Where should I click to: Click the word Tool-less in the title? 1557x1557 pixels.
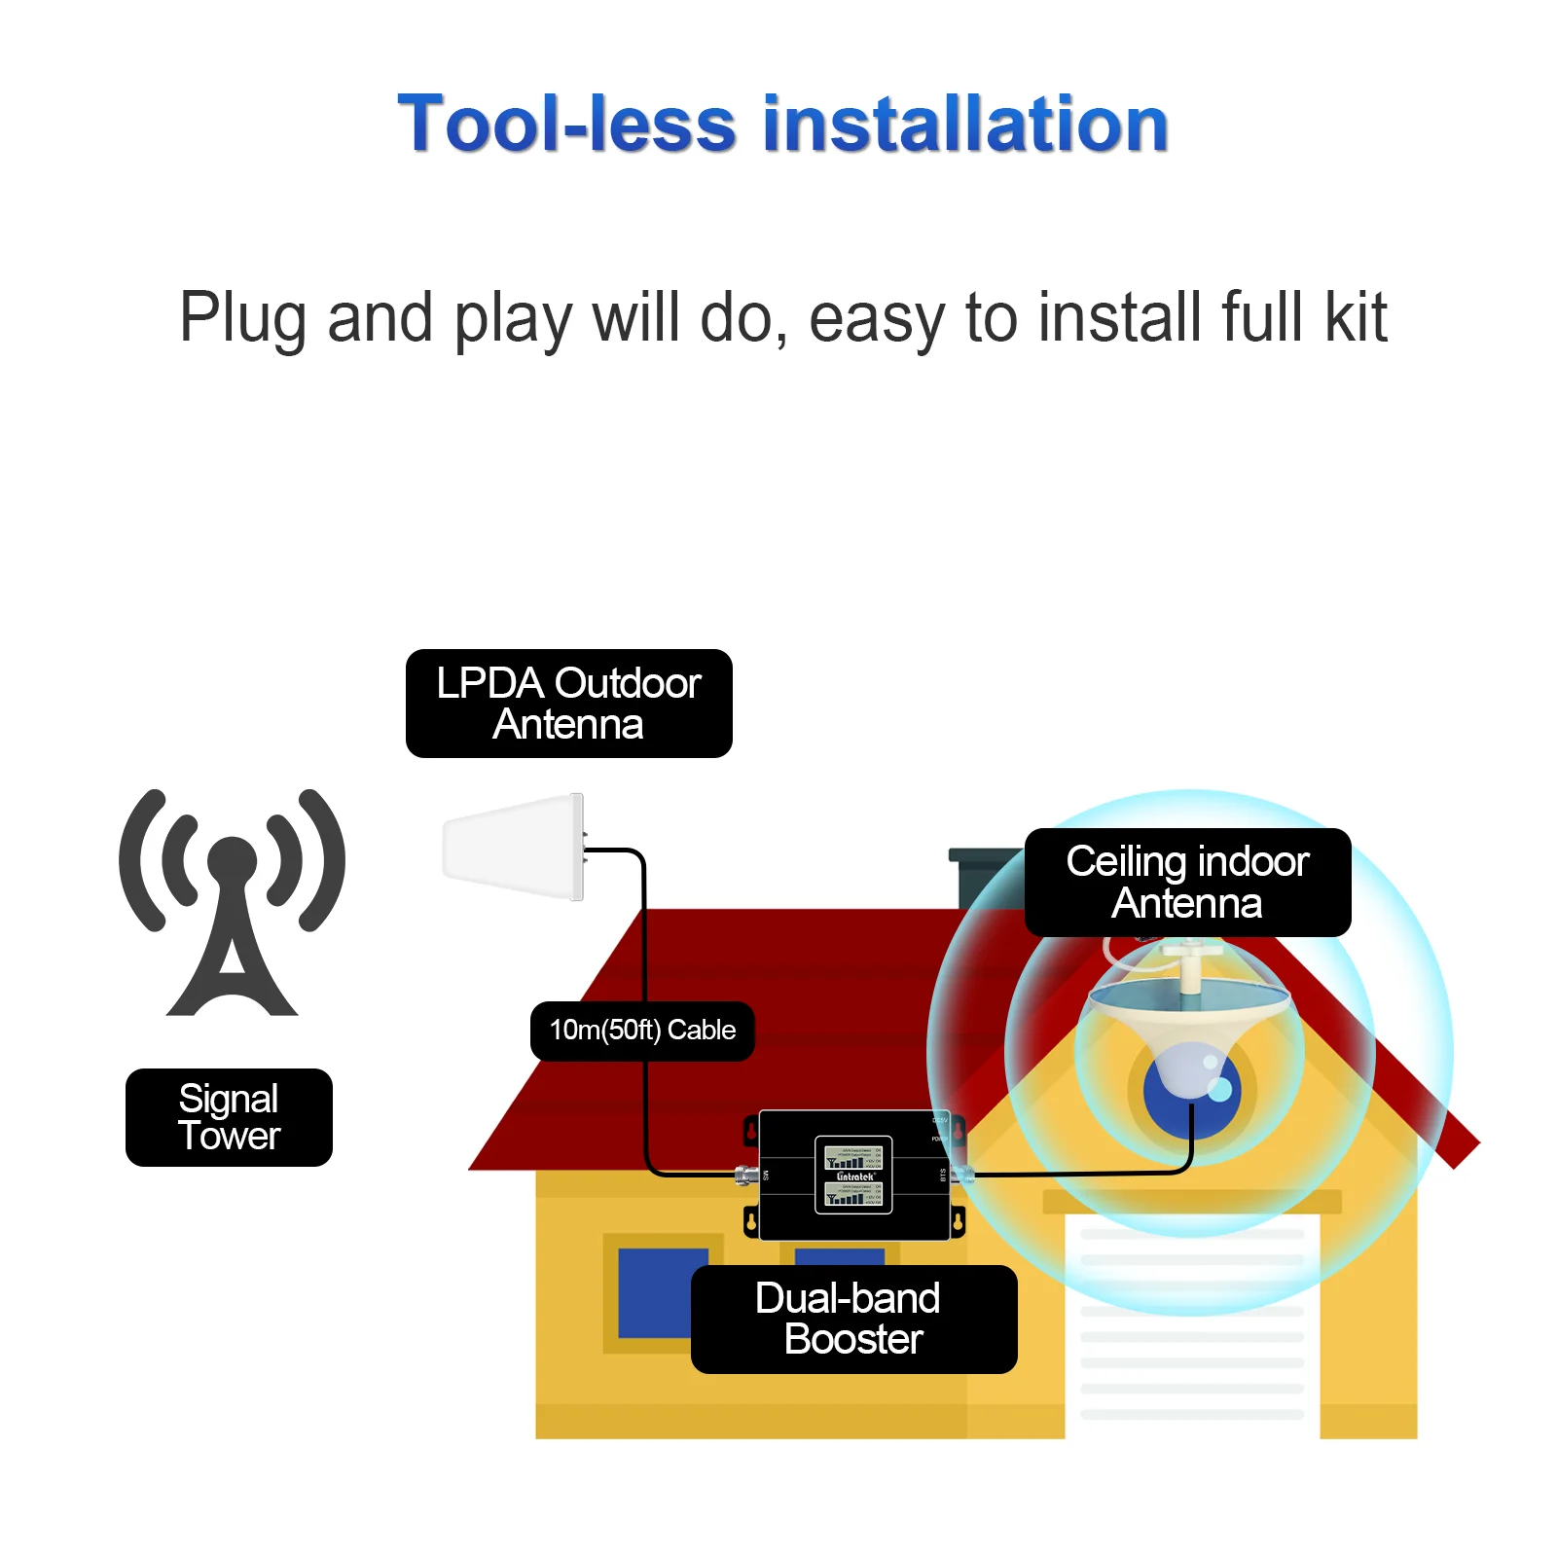pos(566,125)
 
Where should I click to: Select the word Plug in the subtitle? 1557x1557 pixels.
pos(242,318)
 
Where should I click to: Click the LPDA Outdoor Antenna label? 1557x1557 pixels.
pos(568,703)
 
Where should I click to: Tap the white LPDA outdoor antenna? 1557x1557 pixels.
pos(512,847)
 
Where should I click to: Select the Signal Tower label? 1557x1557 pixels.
pos(229,1117)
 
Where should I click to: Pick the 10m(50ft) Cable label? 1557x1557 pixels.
pos(642,1031)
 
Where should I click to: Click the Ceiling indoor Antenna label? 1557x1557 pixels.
pos(1187,882)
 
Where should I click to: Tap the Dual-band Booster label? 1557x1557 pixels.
pos(853,1319)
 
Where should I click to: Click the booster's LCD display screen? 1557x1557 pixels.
pos(853,1175)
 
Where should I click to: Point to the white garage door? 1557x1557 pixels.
pos(1192,1343)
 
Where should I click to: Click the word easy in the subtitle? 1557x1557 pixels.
pos(876,318)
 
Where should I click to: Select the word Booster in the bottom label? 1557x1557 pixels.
pos(853,1340)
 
